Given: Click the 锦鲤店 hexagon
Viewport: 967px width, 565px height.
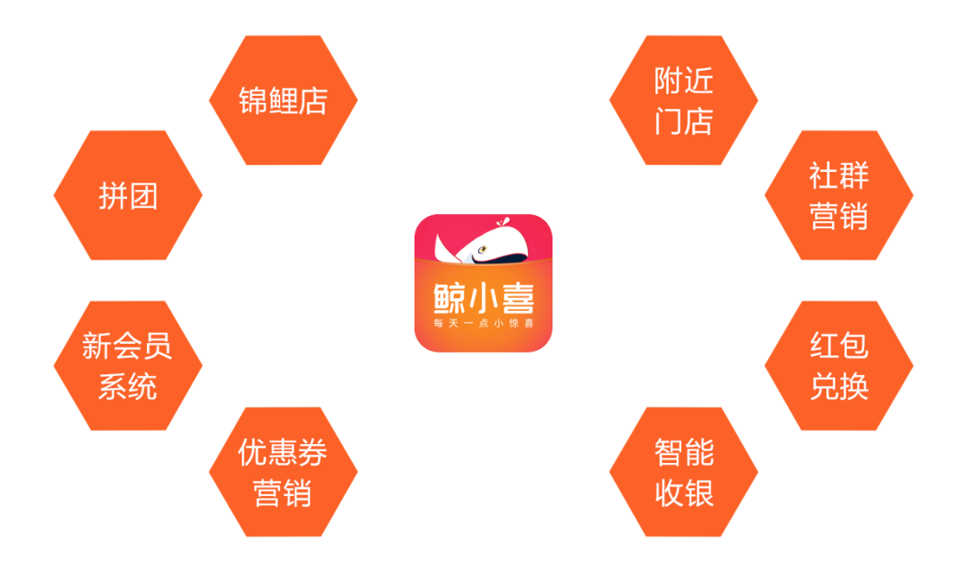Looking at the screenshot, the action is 283,100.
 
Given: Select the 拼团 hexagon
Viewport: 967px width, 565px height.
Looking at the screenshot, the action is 128,195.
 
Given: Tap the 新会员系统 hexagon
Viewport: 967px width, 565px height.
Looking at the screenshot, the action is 128,365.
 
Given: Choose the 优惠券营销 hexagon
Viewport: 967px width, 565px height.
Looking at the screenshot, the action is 283,472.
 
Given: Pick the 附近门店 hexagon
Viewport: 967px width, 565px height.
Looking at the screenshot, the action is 683,100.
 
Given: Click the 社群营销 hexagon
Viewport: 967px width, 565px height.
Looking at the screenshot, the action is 839,195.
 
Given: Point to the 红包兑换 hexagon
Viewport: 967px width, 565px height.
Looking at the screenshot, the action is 839,365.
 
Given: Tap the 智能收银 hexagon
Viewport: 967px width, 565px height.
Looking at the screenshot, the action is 683,472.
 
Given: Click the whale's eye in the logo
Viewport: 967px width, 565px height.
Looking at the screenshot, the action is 483,252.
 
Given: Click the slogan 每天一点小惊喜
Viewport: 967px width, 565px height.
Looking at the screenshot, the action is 483,322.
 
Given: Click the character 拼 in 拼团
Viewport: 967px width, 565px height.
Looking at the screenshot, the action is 114,195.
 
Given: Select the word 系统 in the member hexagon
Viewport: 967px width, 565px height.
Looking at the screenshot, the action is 128,386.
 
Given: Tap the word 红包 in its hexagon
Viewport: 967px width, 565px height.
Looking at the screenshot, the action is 839,345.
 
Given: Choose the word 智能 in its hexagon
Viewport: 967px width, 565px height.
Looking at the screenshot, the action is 683,452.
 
